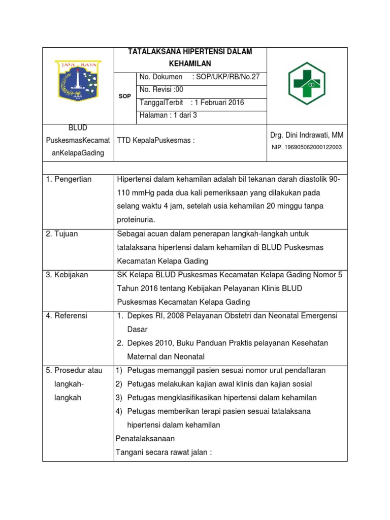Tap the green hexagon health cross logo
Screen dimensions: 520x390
[308, 84]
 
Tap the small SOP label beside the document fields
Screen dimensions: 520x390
[125, 96]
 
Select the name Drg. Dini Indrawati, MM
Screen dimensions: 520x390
[307, 135]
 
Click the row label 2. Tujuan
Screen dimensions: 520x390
[62, 234]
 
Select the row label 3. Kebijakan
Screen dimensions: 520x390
[67, 275]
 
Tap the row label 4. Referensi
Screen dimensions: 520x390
[67, 316]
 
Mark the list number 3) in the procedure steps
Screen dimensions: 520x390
[120, 398]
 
